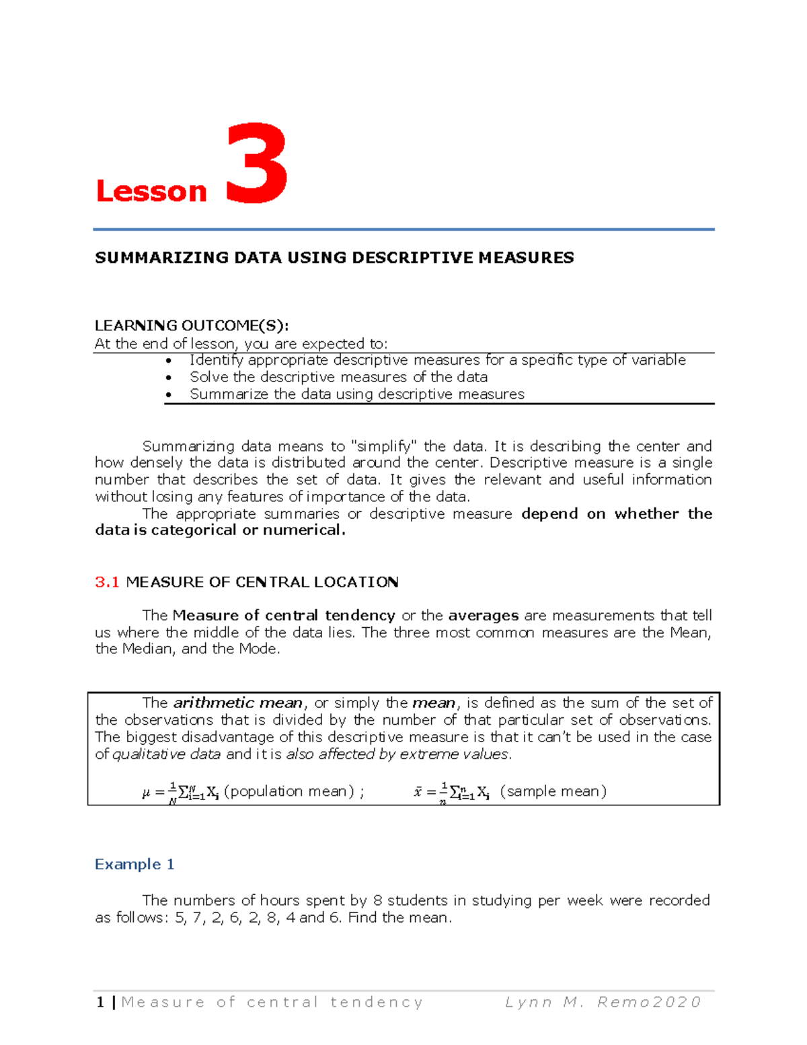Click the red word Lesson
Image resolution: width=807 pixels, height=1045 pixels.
(x=151, y=191)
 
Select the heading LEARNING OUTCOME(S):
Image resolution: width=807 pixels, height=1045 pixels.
(x=192, y=326)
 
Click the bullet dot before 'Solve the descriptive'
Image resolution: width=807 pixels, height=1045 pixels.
(x=169, y=378)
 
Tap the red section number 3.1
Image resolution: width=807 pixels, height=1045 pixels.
(x=107, y=582)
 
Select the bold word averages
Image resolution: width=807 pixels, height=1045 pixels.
(x=483, y=615)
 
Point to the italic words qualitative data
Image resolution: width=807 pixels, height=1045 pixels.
(x=166, y=754)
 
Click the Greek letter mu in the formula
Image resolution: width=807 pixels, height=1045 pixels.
(x=146, y=793)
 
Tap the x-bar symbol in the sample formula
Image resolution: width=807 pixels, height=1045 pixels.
(x=418, y=792)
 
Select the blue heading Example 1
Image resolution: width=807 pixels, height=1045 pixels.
(x=134, y=864)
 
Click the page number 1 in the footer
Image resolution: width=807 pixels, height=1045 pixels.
(x=100, y=1002)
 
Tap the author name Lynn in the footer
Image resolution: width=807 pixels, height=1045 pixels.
(x=529, y=1002)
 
